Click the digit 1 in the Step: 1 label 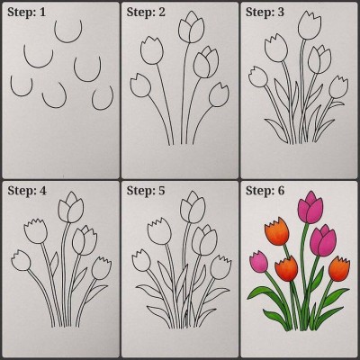pyautogui.click(x=42, y=13)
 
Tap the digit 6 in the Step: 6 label pyautogui.click(x=281, y=191)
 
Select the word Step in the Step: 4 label pyautogui.click(x=19, y=191)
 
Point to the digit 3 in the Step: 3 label pyautogui.click(x=281, y=13)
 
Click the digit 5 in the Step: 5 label pyautogui.click(x=162, y=191)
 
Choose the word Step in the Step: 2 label pyautogui.click(x=138, y=13)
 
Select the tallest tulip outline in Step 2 pyautogui.click(x=191, y=28)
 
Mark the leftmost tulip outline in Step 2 pyautogui.click(x=140, y=85)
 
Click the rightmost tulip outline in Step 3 pyautogui.click(x=338, y=87)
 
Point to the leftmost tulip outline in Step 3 pyautogui.click(x=258, y=77)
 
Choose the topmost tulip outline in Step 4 pyautogui.click(x=71, y=208)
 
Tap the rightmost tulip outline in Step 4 pyautogui.click(x=102, y=268)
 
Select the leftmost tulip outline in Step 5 pyautogui.click(x=141, y=260)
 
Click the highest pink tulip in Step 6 pyautogui.click(x=310, y=208)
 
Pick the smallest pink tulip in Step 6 pyautogui.click(x=259, y=262)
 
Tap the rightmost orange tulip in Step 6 pyautogui.click(x=339, y=269)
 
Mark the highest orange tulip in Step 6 pyautogui.click(x=277, y=231)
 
